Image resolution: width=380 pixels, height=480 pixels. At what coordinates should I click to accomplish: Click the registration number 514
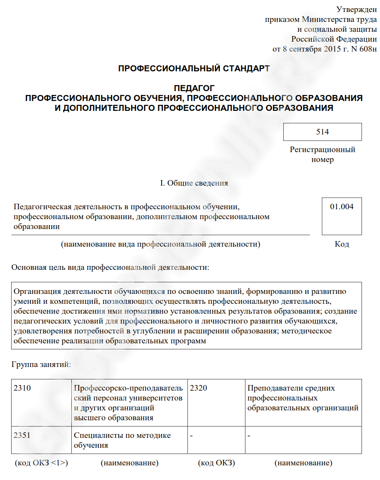pos(322,132)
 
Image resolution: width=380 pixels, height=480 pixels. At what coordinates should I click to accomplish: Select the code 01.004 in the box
pos(342,207)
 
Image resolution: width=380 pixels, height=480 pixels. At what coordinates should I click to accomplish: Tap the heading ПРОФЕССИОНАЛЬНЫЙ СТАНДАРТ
pos(194,69)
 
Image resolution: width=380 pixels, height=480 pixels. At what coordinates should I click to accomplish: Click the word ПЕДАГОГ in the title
pos(194,89)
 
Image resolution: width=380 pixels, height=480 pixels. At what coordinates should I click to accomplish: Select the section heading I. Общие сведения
pos(194,183)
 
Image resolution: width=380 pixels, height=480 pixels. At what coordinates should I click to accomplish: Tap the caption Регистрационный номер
pos(322,155)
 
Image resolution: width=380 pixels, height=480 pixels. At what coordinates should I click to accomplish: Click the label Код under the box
pos(342,244)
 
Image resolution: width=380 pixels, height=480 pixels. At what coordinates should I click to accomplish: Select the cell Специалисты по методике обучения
pos(122,440)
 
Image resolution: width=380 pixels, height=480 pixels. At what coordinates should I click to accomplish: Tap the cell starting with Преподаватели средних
pos(303,398)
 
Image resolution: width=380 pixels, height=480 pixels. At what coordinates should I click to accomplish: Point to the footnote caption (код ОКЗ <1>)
pos(41,463)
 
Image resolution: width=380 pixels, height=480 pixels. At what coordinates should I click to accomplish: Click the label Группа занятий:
pos(41,365)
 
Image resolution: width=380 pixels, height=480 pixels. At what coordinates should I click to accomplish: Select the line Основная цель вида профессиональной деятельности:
pos(110,268)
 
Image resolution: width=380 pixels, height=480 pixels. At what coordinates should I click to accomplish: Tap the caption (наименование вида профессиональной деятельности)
pos(161,244)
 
